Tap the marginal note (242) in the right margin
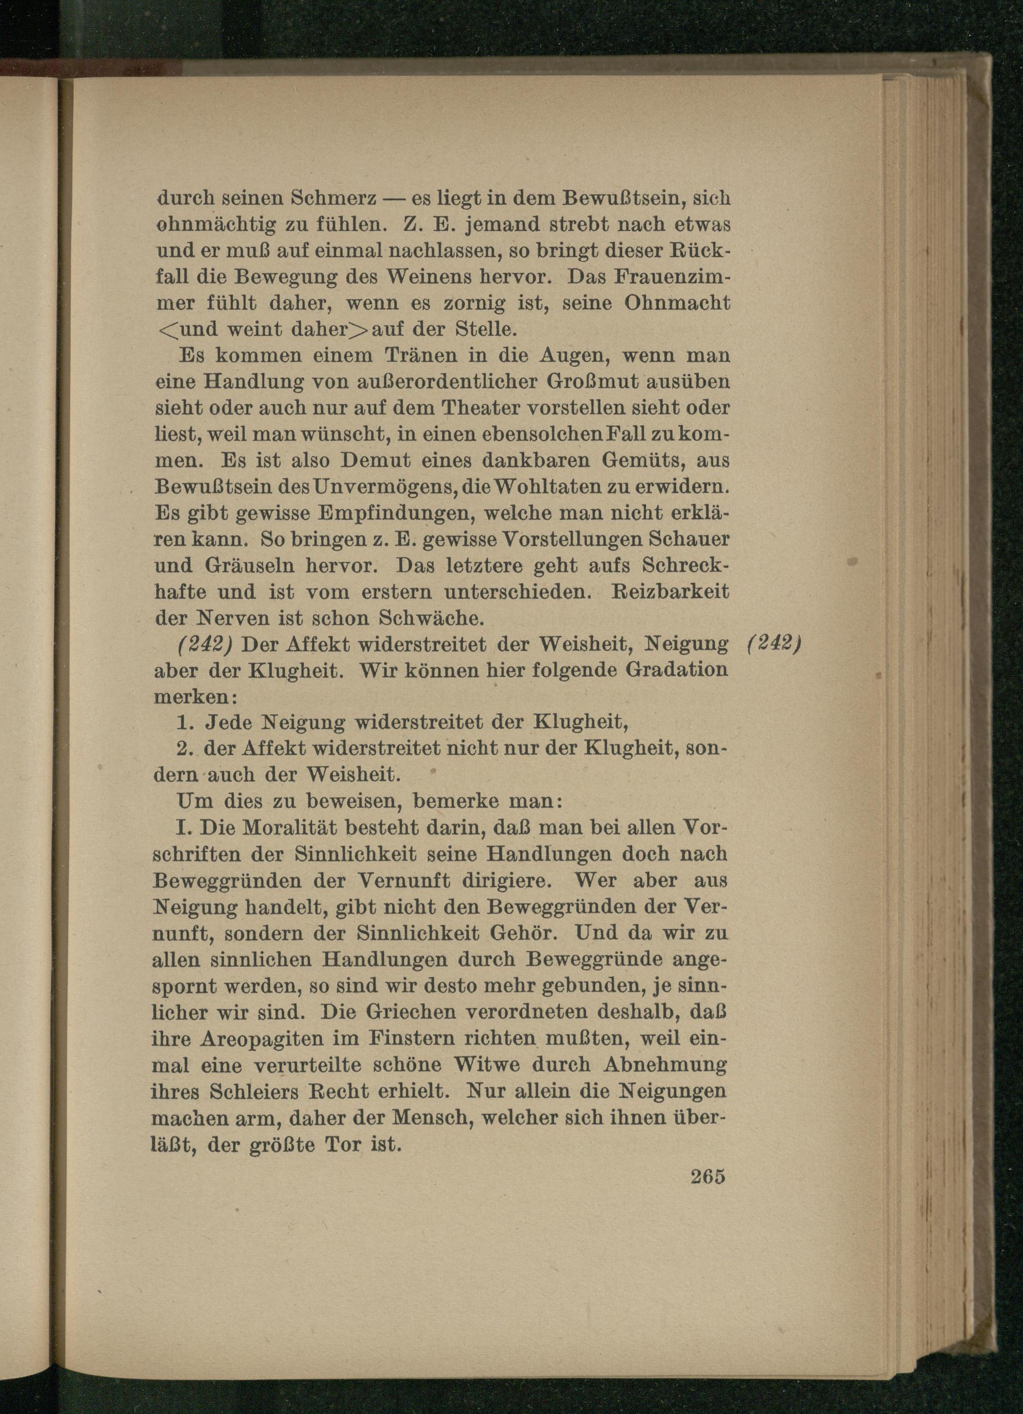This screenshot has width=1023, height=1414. click(773, 644)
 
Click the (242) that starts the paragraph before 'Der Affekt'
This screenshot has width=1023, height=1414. click(205, 644)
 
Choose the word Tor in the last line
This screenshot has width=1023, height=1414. click(340, 1145)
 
